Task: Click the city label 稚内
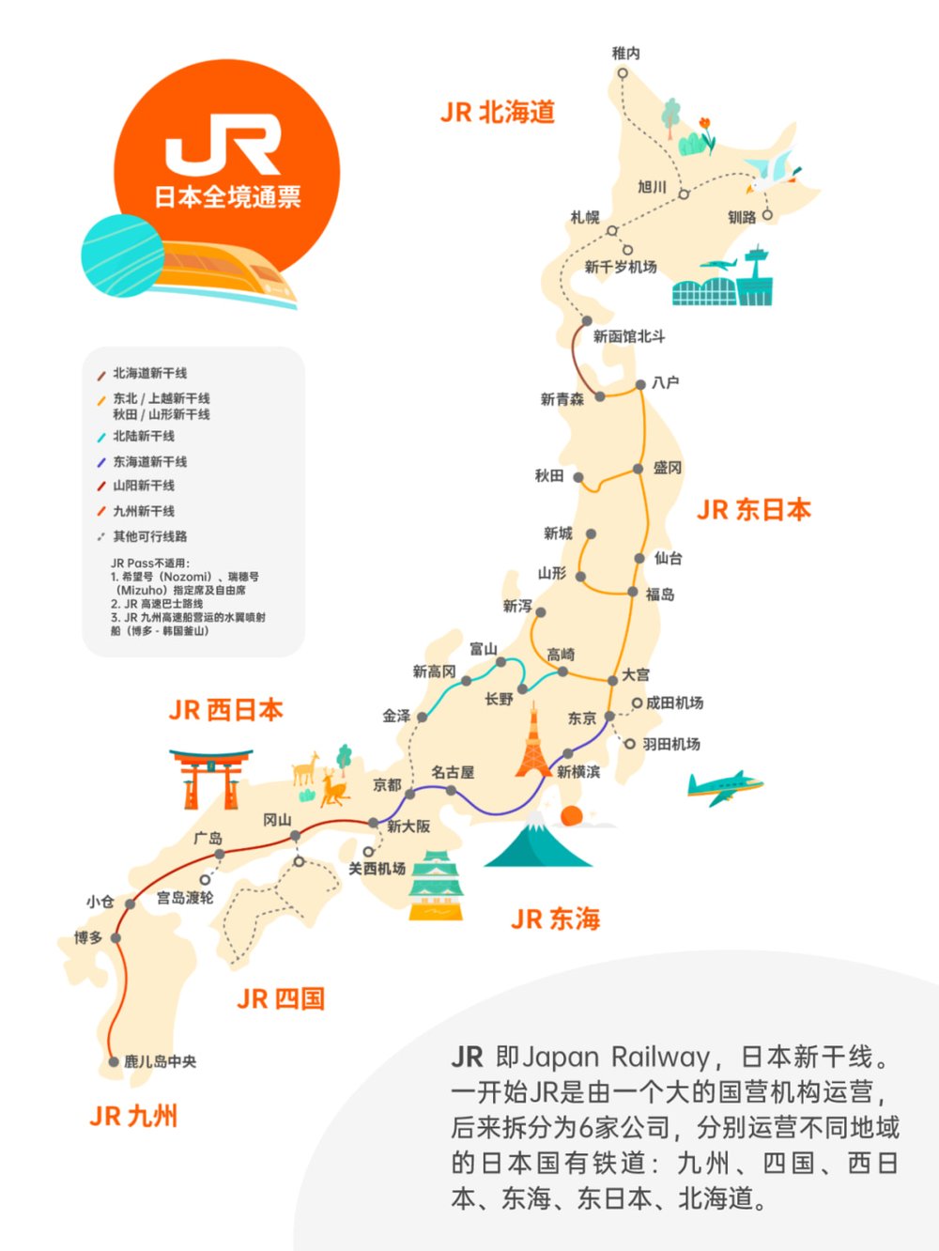point(625,54)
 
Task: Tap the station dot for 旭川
point(684,194)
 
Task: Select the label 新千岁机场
point(621,267)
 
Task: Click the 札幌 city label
point(585,217)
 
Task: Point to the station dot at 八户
point(640,384)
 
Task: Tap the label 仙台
point(668,558)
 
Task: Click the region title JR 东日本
point(753,510)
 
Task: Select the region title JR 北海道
point(498,113)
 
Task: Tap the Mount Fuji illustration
point(537,844)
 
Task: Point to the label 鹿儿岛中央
point(161,1061)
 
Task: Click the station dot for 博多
point(115,937)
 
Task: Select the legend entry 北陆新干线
point(144,436)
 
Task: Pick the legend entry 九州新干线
point(144,511)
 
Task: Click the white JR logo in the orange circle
point(223,145)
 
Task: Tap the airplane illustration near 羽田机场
point(724,787)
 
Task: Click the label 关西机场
point(377,869)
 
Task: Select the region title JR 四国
point(281,998)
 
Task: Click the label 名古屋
point(453,772)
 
